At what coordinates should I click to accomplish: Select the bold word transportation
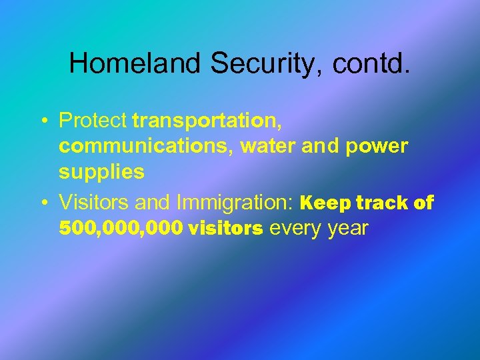pyautogui.click(x=207, y=121)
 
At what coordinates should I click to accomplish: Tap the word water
pyautogui.click(x=268, y=147)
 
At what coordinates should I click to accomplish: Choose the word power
pyautogui.click(x=377, y=147)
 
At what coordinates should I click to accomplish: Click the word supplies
pyautogui.click(x=101, y=172)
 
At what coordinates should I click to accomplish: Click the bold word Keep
pyautogui.click(x=326, y=202)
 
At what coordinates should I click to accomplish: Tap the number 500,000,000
pyautogui.click(x=121, y=228)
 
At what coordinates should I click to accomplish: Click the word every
pyautogui.click(x=295, y=228)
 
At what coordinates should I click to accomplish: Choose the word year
pyautogui.click(x=347, y=228)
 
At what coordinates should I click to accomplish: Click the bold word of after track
pyautogui.click(x=424, y=202)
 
